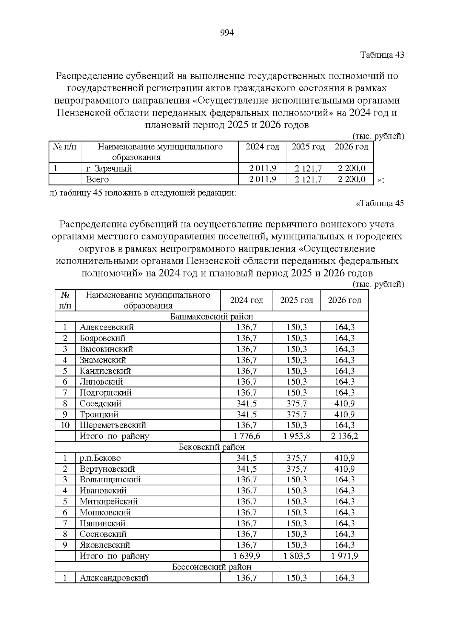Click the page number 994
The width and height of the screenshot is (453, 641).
(227, 33)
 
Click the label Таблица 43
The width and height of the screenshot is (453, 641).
(382, 55)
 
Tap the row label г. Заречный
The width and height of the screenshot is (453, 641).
(109, 168)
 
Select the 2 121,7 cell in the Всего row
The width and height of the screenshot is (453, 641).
(308, 179)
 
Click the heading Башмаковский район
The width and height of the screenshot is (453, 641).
(211, 316)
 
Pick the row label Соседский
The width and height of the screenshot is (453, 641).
(100, 403)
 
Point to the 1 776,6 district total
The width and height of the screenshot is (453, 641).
(247, 436)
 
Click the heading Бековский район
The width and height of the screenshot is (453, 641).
(211, 447)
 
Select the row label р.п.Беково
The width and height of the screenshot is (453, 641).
(100, 458)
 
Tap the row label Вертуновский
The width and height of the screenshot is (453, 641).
(107, 469)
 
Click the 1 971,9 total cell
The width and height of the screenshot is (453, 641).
(344, 556)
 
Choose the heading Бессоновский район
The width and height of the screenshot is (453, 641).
(211, 567)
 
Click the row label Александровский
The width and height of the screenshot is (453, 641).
(114, 578)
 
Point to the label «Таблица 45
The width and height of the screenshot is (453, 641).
(380, 203)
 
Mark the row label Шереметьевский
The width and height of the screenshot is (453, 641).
(113, 425)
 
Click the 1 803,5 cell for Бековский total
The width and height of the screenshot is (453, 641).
(297, 556)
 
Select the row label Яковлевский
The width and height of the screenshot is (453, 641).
(105, 545)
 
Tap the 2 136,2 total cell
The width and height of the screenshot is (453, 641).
(344, 436)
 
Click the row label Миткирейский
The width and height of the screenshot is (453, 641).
(109, 501)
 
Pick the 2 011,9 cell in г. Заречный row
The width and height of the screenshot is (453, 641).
(262, 168)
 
